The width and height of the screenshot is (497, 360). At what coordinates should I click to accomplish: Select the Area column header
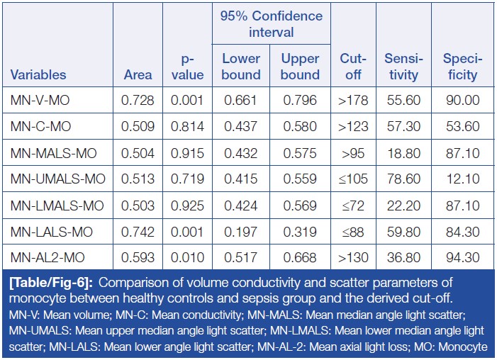tap(138, 74)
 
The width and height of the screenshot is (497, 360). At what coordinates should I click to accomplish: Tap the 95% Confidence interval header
tap(271, 23)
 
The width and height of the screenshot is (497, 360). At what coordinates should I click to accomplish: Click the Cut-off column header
tap(352, 66)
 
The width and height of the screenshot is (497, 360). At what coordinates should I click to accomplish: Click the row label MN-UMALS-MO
tap(58, 179)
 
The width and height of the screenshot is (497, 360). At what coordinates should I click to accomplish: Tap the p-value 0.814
tap(187, 127)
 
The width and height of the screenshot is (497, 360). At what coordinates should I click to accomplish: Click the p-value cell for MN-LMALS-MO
tap(187, 206)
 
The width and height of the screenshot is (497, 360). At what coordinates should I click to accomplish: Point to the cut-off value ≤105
tap(352, 179)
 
